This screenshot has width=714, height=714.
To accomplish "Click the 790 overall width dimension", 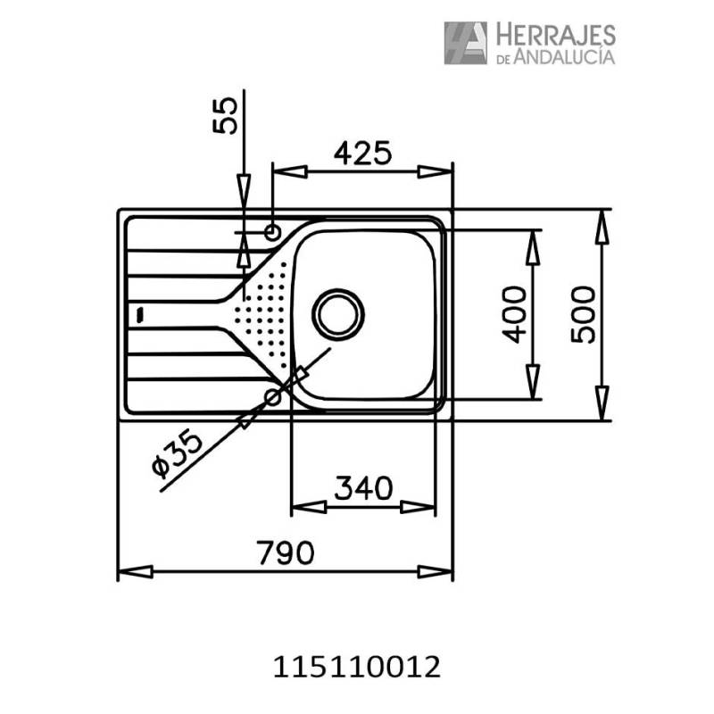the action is coord(285,552).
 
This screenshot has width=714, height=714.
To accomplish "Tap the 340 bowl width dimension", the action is coord(363,487).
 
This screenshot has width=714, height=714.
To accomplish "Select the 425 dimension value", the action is coord(362,153).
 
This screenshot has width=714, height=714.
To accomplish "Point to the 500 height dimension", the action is coord(583,314).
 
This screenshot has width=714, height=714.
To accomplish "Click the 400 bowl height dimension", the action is coord(514,314).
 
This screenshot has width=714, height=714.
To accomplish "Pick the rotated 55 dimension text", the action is coord(225,116).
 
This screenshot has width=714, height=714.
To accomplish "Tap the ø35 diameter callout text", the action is coord(177,454).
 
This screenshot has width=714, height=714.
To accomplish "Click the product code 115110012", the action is coord(356,668).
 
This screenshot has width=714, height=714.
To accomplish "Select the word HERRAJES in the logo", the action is coord(555,36).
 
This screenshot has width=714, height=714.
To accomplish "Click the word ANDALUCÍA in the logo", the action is coord(565,56).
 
